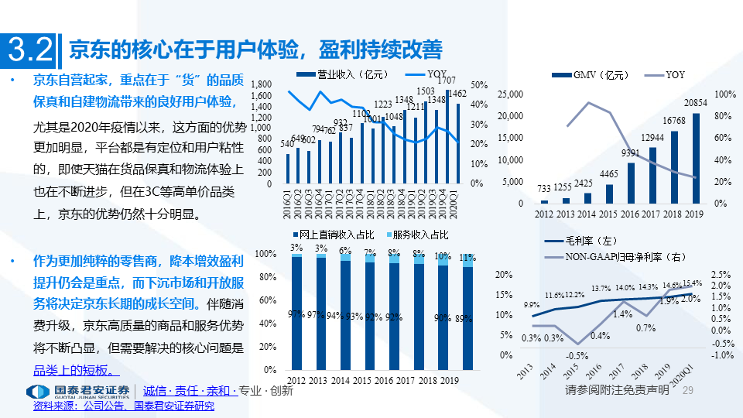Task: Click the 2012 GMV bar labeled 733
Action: (x=544, y=201)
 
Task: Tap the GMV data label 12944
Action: (x=652, y=137)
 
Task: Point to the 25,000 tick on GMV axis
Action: (x=510, y=94)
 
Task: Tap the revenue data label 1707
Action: (x=446, y=81)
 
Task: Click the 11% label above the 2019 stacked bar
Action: (x=467, y=257)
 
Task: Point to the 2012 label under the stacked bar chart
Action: (x=296, y=381)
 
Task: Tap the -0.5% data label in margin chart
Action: (x=576, y=355)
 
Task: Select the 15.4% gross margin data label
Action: (x=692, y=283)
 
